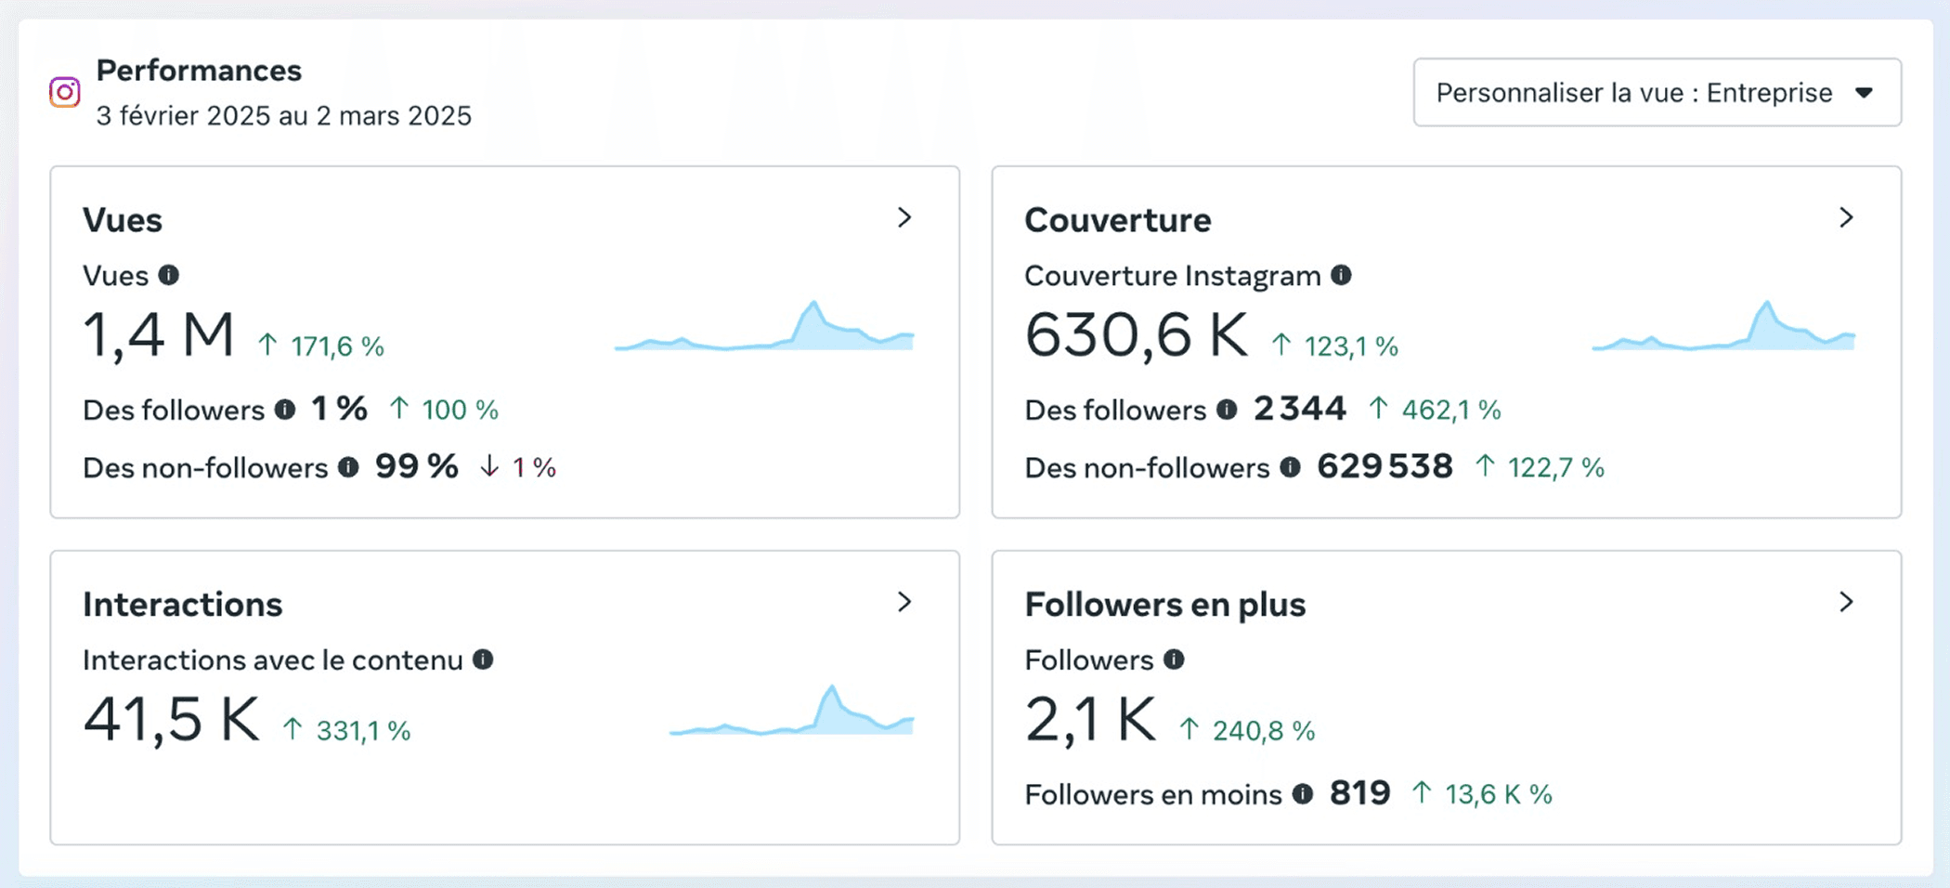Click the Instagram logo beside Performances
click(x=65, y=92)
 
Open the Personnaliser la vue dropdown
click(x=1657, y=92)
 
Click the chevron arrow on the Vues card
click(x=904, y=217)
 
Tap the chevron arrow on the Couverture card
click(x=1846, y=217)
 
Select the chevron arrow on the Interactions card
click(x=904, y=602)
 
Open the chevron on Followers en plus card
click(x=1846, y=602)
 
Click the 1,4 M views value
click(x=159, y=334)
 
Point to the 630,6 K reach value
click(x=1137, y=334)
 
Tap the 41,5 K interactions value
click(x=172, y=719)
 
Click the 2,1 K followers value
click(x=1090, y=719)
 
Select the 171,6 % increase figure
click(x=337, y=346)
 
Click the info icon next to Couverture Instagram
click(x=1341, y=275)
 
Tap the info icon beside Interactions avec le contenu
click(x=483, y=659)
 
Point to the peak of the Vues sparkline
click(x=814, y=302)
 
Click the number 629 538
click(x=1384, y=466)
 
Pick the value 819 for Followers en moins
click(x=1360, y=793)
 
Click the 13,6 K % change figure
click(x=1499, y=794)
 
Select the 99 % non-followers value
click(x=417, y=466)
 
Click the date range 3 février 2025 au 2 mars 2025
click(x=284, y=116)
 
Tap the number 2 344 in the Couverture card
click(x=1300, y=409)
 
